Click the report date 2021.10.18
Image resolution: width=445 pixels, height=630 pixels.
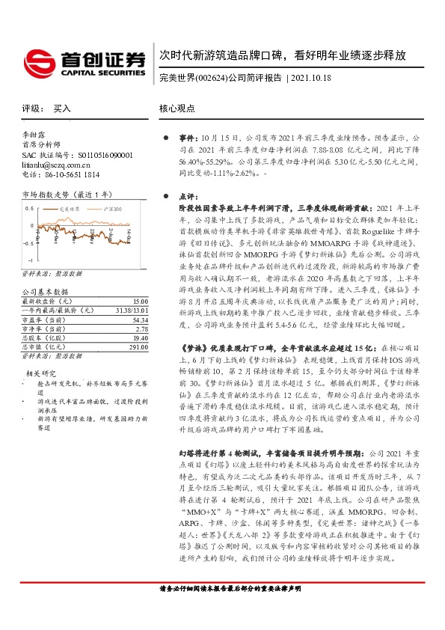[310, 77]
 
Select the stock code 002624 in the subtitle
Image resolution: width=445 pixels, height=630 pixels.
[211, 77]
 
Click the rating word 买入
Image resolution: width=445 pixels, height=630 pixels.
[62, 108]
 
